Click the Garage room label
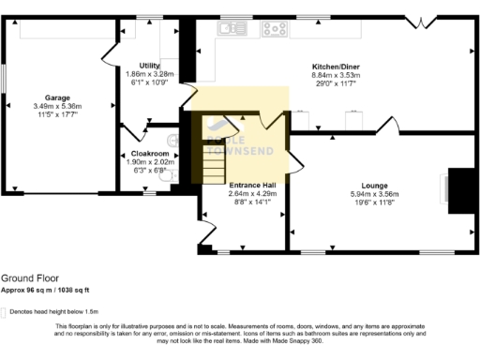point(57,97)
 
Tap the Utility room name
point(150,65)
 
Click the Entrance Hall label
point(252,185)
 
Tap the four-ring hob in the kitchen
point(275,28)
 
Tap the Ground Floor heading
point(25,278)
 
